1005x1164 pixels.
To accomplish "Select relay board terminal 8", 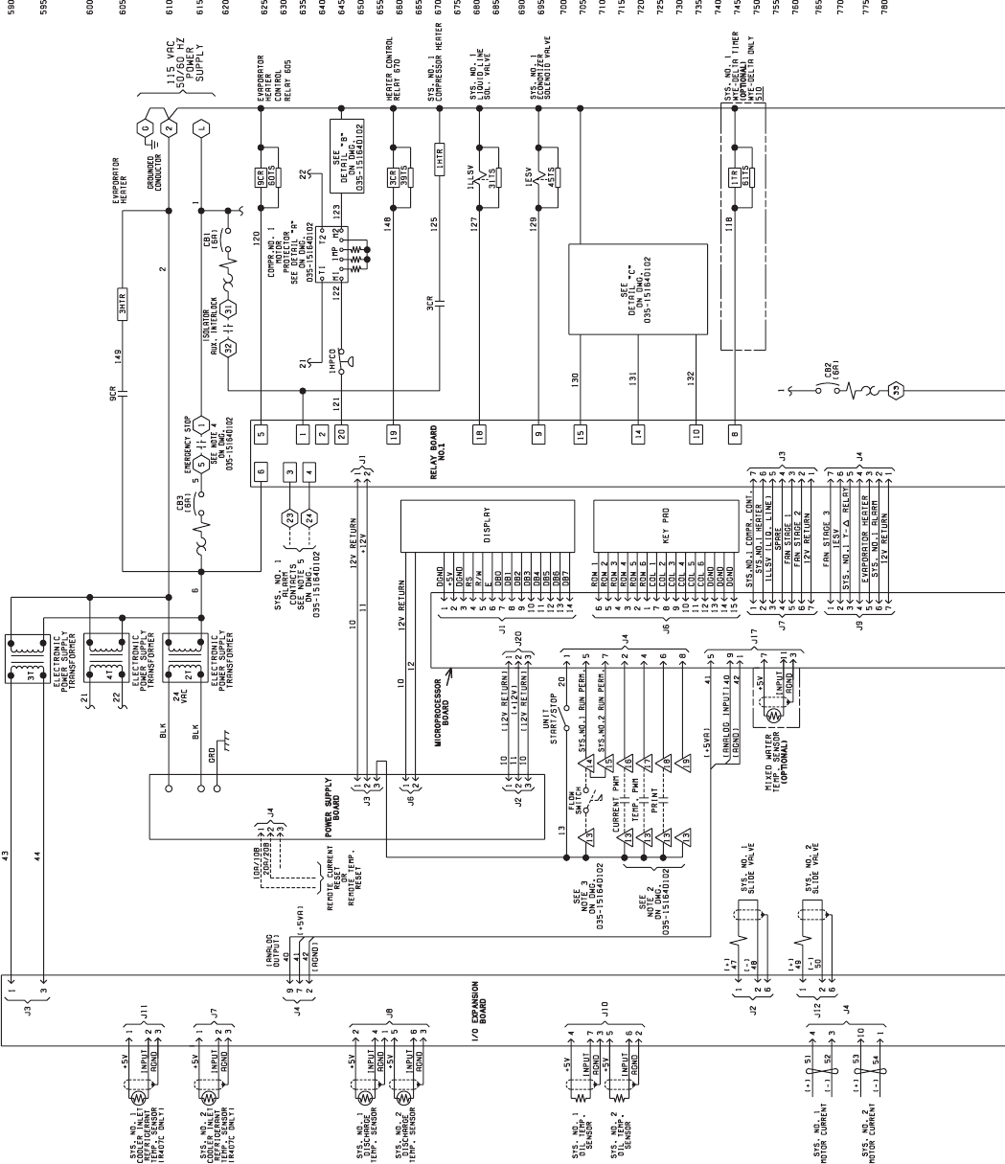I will pyautogui.click(x=735, y=434).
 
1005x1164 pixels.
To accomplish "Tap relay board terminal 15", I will pyautogui.click(x=580, y=434).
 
